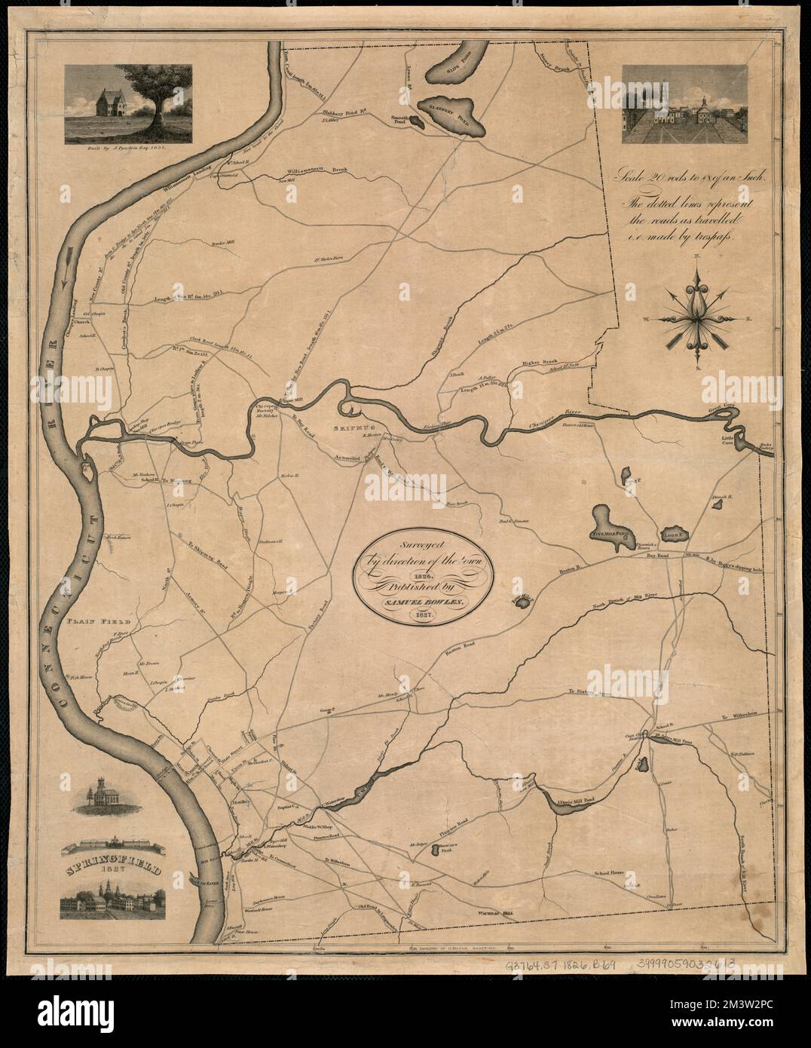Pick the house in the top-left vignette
point(100,100)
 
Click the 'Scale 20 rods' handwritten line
point(691,178)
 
